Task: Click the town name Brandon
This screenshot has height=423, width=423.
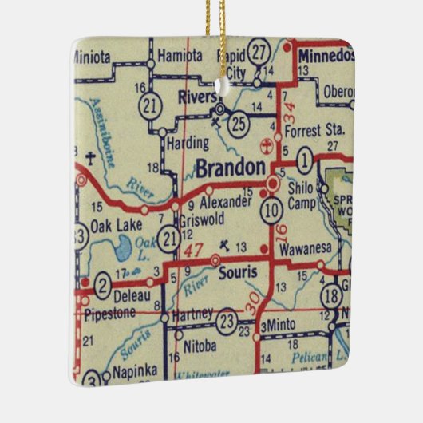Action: point(230,168)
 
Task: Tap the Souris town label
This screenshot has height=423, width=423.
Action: point(237,274)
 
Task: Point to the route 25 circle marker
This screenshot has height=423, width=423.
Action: point(238,124)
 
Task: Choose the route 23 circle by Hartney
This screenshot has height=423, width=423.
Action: point(227,322)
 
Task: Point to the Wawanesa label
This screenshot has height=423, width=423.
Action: point(304,248)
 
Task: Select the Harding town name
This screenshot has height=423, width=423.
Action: point(188,144)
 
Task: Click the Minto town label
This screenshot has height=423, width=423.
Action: point(281,327)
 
